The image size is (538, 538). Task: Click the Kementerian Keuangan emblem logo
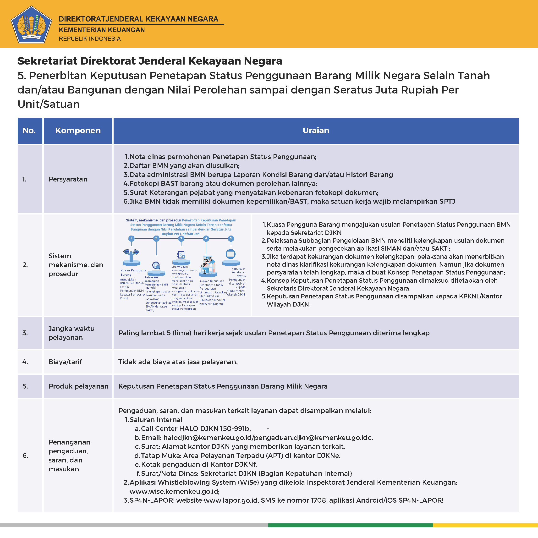(x=31, y=24)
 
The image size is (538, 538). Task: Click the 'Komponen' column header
(x=78, y=130)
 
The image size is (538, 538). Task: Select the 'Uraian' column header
(x=316, y=130)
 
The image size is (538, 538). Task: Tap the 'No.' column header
(x=29, y=130)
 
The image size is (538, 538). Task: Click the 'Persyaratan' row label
(x=68, y=179)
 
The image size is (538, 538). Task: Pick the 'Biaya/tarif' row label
(x=65, y=362)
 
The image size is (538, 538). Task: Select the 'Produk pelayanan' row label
(x=78, y=386)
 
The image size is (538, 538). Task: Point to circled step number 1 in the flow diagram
(x=131, y=238)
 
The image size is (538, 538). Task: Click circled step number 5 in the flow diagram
(x=231, y=238)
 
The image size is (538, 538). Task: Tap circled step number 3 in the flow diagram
(x=181, y=238)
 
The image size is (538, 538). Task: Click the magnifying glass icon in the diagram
(x=156, y=265)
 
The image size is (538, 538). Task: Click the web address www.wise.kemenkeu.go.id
(x=174, y=492)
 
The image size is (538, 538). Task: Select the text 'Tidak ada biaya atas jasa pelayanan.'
(x=178, y=362)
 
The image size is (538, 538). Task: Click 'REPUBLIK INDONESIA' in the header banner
(x=90, y=39)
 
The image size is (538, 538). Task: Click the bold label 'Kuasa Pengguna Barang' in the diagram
(x=133, y=272)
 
